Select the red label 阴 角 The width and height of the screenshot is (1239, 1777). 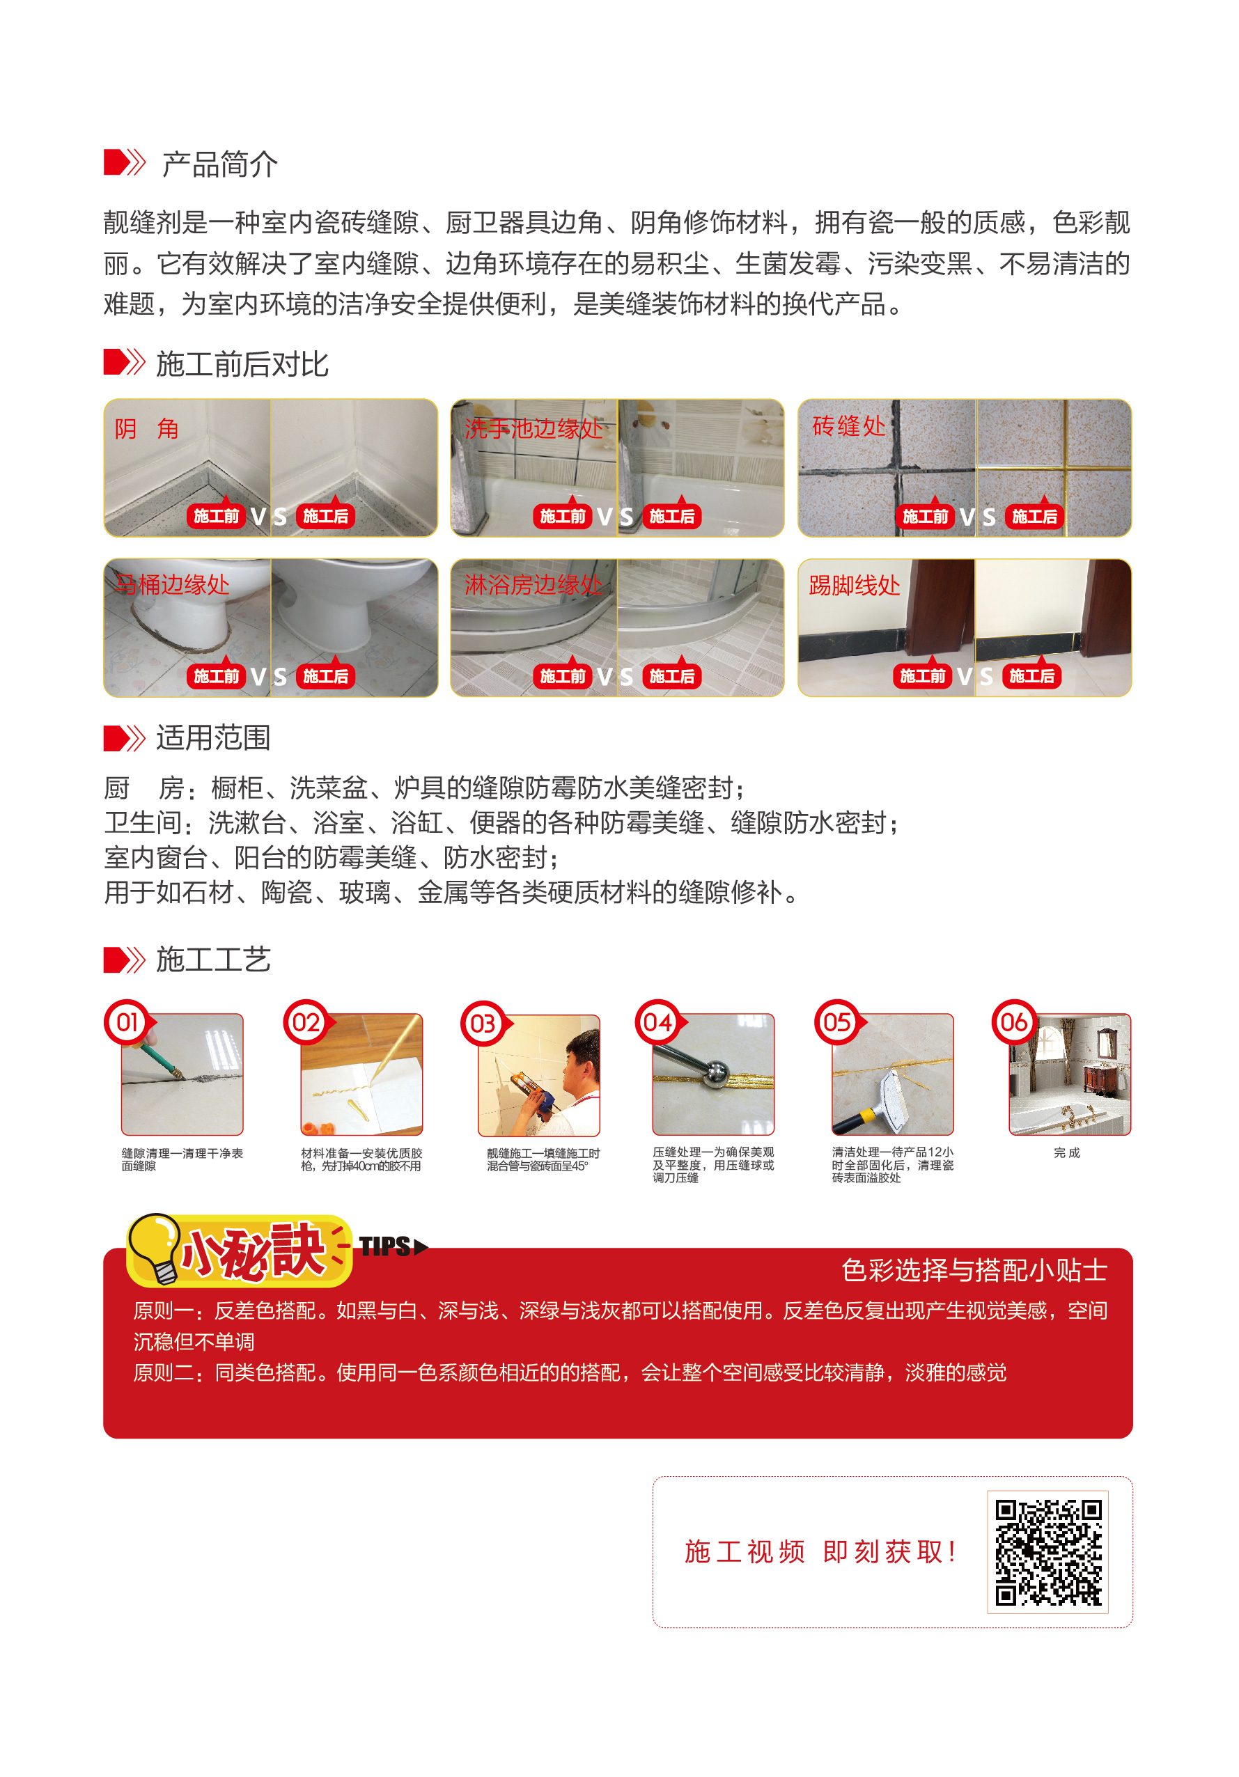pos(146,428)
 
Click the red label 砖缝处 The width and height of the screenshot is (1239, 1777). pos(848,425)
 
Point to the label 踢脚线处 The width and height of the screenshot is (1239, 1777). pos(854,585)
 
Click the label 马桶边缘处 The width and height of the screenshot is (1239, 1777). pos(173,584)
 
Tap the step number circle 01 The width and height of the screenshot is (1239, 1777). pos(127,1022)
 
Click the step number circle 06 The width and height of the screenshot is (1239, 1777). pos(1014,1022)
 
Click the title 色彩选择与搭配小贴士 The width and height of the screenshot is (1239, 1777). pos(974,1270)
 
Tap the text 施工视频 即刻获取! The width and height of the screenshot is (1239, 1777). pos(820,1551)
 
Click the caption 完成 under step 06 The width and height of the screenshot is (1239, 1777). pos(1066,1152)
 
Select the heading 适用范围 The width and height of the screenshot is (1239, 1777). pos(213,737)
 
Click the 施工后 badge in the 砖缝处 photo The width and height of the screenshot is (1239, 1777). pos(1034,516)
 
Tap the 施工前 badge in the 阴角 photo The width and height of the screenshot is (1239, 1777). pos(216,516)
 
